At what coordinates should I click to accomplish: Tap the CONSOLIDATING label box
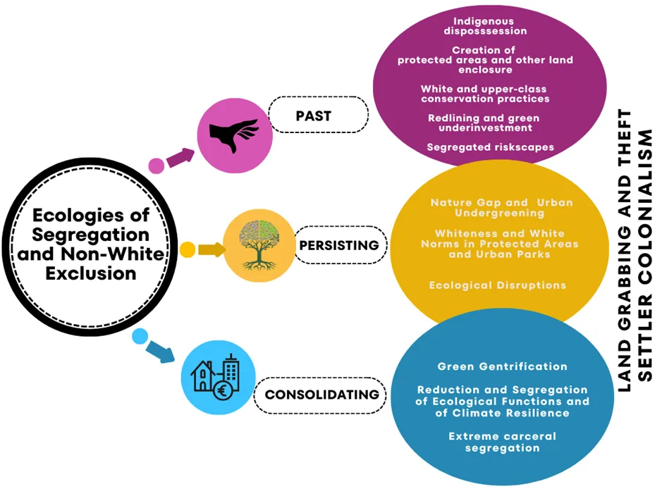(x=321, y=395)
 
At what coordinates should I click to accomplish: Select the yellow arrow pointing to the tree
(x=211, y=249)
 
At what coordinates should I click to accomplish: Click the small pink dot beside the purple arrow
(x=157, y=166)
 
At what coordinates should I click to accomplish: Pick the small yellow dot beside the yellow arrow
(x=188, y=249)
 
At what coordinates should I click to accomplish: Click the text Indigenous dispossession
(x=484, y=26)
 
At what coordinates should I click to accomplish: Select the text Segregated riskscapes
(x=490, y=147)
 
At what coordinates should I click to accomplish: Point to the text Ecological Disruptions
(x=497, y=285)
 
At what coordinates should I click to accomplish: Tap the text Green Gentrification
(x=502, y=366)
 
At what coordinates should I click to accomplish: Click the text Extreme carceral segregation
(x=502, y=442)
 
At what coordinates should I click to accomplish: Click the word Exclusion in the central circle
(x=91, y=273)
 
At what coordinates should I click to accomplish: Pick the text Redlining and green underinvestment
(x=484, y=123)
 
